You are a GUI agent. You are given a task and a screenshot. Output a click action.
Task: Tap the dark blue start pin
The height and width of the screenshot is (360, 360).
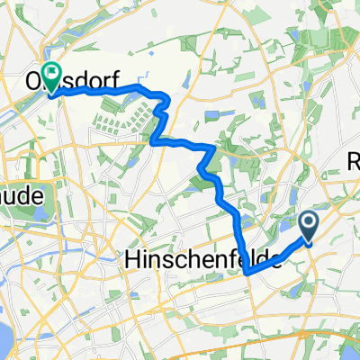pos(308,227)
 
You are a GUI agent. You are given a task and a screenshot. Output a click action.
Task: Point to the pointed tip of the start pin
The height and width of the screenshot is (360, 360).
pos(308,244)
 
